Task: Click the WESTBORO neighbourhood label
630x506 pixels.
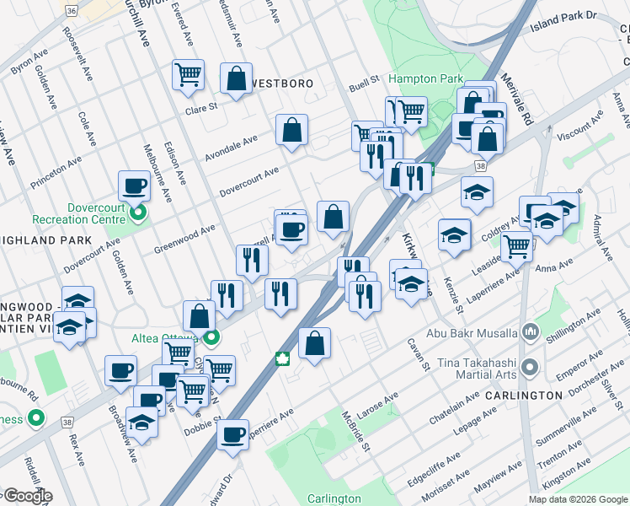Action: pos(282,84)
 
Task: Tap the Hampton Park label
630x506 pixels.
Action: pos(425,78)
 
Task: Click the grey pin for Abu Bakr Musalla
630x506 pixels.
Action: pos(530,331)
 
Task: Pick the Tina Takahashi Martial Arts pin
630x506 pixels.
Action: pos(530,367)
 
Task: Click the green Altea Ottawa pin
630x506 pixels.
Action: pos(211,339)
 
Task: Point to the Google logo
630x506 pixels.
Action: pos(27,496)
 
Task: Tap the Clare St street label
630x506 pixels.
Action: pos(201,107)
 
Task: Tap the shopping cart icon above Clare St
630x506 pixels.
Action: pos(188,73)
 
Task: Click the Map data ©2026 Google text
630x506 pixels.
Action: pos(578,499)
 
